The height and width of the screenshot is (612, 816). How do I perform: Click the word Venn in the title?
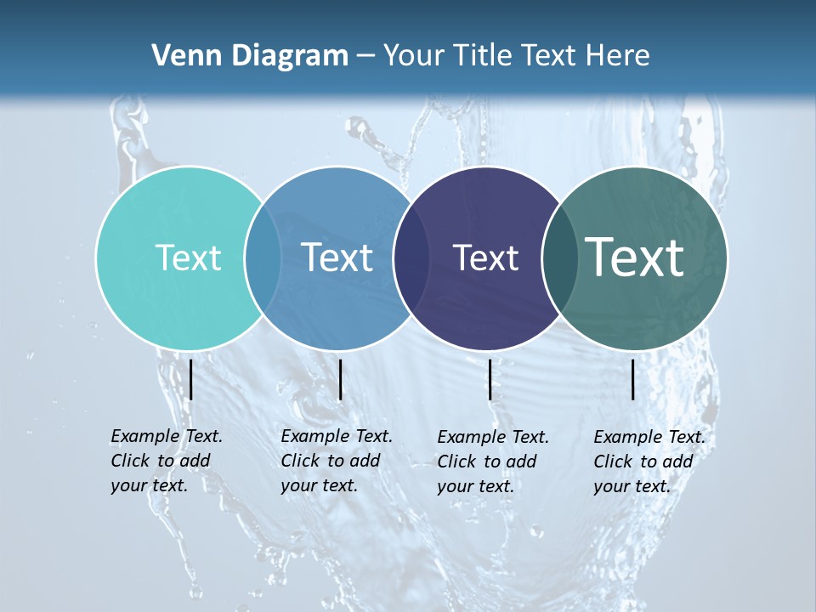tap(182, 56)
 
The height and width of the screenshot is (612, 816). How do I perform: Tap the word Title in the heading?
tap(482, 56)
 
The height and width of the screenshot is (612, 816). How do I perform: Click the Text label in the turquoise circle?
tap(188, 258)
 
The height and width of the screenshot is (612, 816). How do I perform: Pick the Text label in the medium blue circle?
tap(337, 258)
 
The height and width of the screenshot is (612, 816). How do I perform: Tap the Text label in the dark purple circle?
tap(485, 258)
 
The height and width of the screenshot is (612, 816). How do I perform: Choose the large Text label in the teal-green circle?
tap(635, 258)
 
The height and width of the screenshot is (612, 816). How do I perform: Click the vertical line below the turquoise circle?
tap(190, 379)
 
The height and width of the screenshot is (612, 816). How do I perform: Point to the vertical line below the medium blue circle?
tap(340, 379)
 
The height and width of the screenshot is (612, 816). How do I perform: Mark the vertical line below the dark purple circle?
tap(490, 379)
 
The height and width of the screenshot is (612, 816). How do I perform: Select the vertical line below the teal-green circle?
tap(633, 379)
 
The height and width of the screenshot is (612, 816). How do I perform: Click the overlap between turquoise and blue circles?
tap(263, 258)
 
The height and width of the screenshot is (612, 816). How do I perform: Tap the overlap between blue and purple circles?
tap(411, 258)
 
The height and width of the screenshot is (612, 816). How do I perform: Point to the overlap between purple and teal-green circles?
tap(560, 258)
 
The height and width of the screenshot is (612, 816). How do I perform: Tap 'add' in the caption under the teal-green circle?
tap(677, 462)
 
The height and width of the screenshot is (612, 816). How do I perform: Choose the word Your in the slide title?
tap(415, 56)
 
